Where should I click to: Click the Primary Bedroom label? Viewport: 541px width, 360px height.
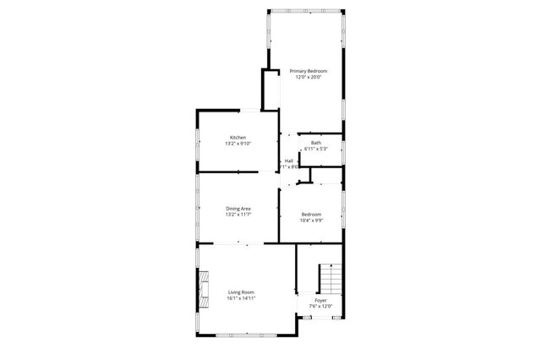tap(308, 70)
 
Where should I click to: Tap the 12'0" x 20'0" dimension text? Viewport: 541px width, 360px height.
tap(308, 77)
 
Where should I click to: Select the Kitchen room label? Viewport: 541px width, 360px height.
tap(238, 137)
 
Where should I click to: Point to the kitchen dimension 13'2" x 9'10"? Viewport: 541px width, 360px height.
tap(238, 144)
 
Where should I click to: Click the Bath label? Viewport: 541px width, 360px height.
tap(315, 143)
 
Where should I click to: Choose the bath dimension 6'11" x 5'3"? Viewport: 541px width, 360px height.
tap(315, 149)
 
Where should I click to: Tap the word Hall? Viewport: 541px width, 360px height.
tap(289, 161)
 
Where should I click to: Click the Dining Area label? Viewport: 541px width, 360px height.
tap(238, 208)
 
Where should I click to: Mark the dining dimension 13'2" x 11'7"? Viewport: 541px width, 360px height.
tap(238, 215)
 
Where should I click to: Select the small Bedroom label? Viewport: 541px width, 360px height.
tap(311, 215)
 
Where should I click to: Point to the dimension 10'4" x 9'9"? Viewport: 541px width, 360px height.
tap(311, 221)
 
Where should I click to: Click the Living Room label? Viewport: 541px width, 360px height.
tap(240, 292)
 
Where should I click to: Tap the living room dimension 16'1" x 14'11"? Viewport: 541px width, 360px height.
tap(240, 298)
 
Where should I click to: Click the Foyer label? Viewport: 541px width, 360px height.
tap(320, 300)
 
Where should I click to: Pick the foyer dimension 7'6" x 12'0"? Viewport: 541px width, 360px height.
tap(320, 307)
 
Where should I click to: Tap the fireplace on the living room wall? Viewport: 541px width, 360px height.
tap(204, 286)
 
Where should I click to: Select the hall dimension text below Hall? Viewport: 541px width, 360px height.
tap(292, 166)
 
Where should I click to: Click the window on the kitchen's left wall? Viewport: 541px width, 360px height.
tap(198, 143)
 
